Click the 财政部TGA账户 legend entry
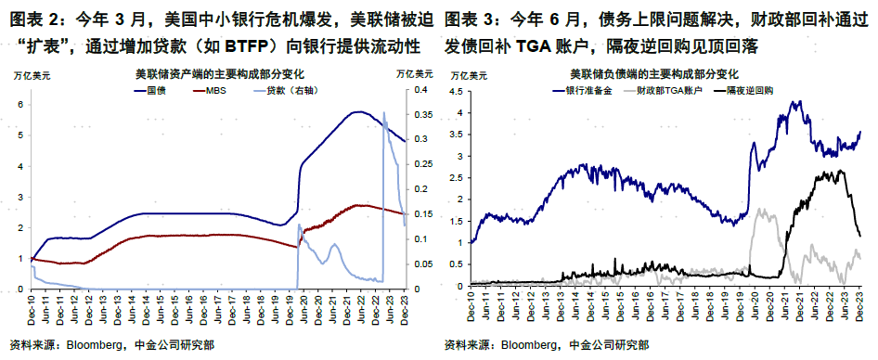tap(667, 91)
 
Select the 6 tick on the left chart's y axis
tap(20, 104)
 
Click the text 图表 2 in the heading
tap(29, 18)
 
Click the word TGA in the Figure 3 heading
tap(577, 45)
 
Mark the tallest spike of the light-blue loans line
tap(384, 113)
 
